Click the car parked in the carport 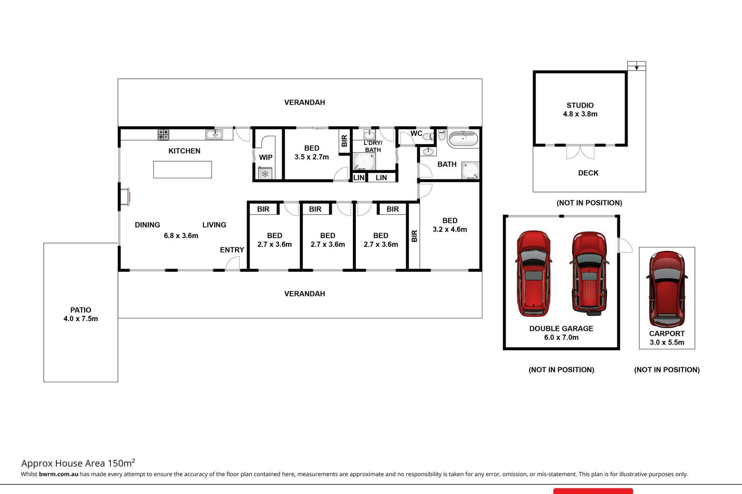(667, 289)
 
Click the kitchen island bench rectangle (182, 169)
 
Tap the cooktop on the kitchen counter (163, 134)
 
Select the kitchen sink (214, 134)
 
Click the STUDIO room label (580, 105)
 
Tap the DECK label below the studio (588, 173)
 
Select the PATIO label (81, 310)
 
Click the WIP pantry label (265, 157)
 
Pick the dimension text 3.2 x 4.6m (450, 229)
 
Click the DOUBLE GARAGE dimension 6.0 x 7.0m (561, 337)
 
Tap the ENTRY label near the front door (232, 250)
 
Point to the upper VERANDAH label (305, 102)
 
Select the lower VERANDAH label (305, 294)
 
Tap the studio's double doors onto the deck (580, 151)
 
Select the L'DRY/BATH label (373, 146)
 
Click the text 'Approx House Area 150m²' (78, 463)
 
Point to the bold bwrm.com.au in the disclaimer (59, 474)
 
